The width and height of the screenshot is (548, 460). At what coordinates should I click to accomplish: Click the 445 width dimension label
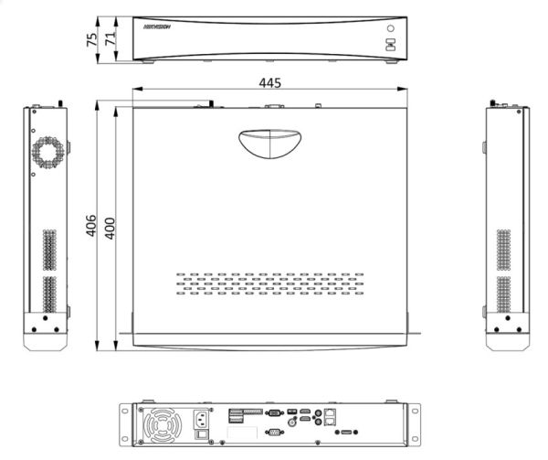point(269,82)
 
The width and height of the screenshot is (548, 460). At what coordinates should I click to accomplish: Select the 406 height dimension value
point(91,226)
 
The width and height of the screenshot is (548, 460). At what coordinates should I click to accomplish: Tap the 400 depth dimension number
point(110,226)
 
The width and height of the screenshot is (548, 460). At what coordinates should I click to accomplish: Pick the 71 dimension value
point(110,39)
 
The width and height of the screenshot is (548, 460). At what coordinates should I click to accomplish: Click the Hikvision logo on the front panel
point(158,29)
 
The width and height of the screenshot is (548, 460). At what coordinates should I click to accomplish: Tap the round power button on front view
point(389,30)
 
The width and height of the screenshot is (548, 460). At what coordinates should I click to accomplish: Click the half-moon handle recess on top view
point(269,143)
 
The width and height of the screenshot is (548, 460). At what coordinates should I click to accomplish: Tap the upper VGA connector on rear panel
point(271,414)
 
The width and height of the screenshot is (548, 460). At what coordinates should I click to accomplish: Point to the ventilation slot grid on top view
point(269,283)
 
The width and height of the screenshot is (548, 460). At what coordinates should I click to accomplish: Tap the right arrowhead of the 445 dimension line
point(403,90)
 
